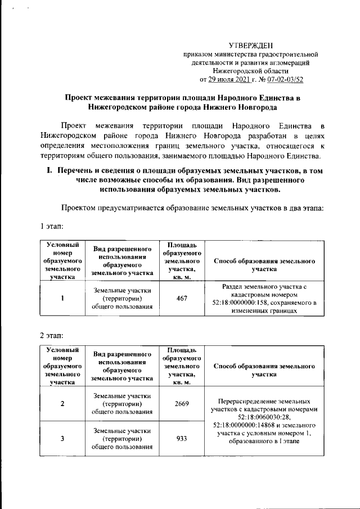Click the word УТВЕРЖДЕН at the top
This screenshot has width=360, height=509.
251,45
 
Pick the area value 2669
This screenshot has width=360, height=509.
182,404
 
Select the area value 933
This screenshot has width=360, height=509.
182,439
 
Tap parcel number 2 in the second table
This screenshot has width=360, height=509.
62,404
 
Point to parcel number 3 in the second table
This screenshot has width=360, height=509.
62,439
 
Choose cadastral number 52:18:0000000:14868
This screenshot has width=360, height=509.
249,425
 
